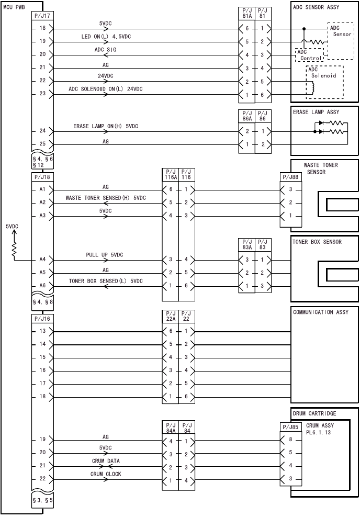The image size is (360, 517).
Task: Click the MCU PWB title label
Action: [14, 7]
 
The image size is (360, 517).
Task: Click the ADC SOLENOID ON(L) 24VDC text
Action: [105, 89]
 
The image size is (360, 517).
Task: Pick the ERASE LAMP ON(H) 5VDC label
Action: [105, 127]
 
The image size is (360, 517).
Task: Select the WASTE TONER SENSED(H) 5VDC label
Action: [105, 198]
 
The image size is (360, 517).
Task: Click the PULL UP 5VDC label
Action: [105, 255]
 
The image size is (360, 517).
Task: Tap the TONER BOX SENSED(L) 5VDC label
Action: [106, 281]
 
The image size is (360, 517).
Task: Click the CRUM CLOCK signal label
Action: [105, 474]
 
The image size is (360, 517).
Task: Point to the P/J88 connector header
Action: [290, 177]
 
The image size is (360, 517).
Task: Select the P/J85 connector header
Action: [290, 427]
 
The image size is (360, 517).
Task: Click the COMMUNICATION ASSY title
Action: [320, 312]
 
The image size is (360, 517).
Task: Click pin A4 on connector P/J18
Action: [42, 259]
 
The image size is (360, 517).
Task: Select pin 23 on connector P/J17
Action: [42, 94]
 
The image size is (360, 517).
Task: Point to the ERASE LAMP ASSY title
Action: [316, 112]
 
